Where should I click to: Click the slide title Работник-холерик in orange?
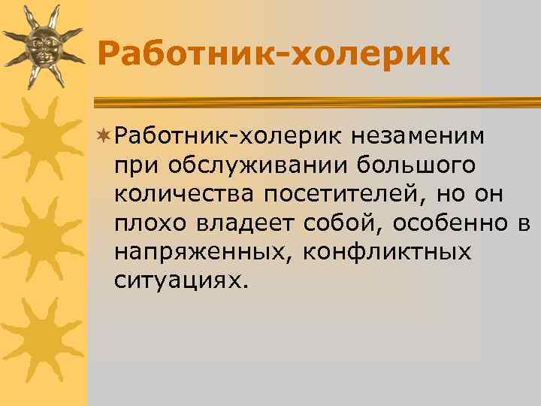274,54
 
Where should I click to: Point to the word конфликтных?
387,252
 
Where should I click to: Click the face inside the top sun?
42,45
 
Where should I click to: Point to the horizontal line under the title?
316,98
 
